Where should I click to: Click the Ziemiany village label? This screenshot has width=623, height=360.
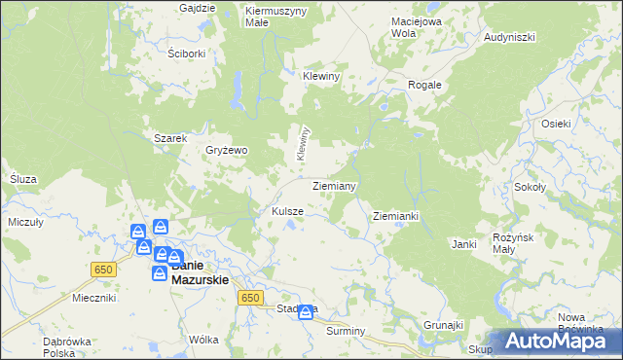pos(334,185)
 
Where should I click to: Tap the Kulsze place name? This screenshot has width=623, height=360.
pos(288,211)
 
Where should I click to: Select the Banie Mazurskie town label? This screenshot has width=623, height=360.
pos(200,271)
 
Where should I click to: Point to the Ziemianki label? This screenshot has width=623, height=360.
pos(395,216)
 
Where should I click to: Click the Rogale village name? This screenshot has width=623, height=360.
pos(424,85)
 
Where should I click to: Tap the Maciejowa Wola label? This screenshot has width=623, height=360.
pos(417,26)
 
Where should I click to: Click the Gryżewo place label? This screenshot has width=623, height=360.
pos(227,151)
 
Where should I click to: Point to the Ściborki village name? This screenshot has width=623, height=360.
pos(186,54)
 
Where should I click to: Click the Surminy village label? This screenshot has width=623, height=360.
pos(345,331)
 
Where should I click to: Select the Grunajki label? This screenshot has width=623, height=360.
pos(443,324)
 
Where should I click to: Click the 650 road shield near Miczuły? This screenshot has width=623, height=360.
pos(102,269)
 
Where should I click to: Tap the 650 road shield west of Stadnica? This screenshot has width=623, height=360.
pos(250,298)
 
